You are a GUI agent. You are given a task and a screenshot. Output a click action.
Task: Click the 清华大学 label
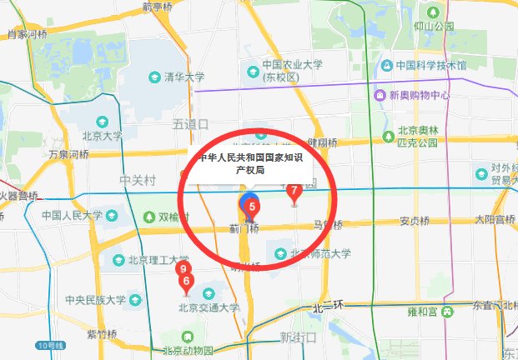pos(184,77)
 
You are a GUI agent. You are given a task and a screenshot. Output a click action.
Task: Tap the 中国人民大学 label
pos(72,215)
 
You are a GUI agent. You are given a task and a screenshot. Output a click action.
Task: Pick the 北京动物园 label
pos(189,350)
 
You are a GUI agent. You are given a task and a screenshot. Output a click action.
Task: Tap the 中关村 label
pos(138,179)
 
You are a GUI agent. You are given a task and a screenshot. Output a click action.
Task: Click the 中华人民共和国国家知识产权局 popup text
pos(249,162)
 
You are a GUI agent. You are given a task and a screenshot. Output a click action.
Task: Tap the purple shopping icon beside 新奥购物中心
pos(380,95)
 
